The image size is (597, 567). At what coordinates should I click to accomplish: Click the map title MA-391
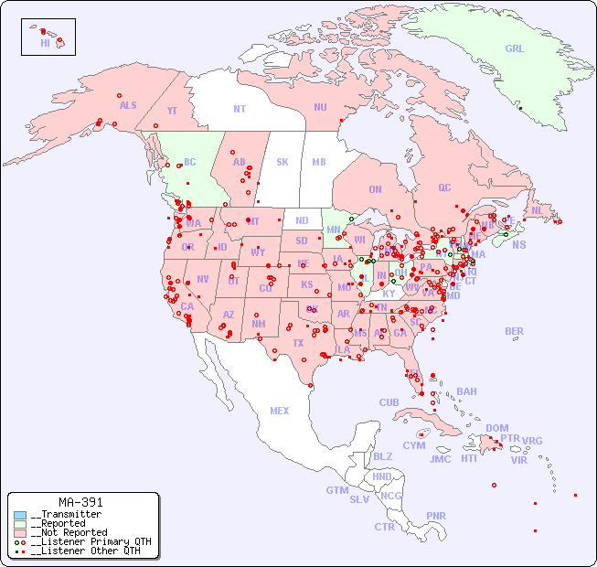pos(80,502)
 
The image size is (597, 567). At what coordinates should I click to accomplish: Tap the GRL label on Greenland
pos(515,49)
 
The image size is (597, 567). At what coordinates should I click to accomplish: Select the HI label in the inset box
pos(45,42)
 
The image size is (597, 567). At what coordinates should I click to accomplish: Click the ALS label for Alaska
pos(128,105)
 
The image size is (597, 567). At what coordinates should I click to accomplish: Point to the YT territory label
pos(172,111)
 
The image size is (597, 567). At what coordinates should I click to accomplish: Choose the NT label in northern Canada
pos(239,109)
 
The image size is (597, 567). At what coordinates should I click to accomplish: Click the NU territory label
pos(320,107)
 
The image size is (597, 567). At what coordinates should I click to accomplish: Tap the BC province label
pos(190,162)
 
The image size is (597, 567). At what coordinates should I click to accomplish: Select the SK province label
pos(283,162)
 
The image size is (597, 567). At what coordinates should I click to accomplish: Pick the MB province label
pos(318,162)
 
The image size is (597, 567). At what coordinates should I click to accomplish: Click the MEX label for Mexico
pos(280,411)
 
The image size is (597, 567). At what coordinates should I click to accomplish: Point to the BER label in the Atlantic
pos(514,331)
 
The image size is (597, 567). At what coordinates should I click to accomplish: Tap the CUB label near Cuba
pos(389,402)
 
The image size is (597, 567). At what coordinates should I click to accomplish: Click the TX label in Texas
pos(298,343)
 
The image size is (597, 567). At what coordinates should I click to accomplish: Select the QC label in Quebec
pos(444,187)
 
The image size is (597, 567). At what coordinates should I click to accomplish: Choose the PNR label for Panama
pos(436,516)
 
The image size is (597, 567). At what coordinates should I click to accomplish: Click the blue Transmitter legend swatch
pos(20,514)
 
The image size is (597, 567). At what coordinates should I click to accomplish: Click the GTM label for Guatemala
pos(336,490)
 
